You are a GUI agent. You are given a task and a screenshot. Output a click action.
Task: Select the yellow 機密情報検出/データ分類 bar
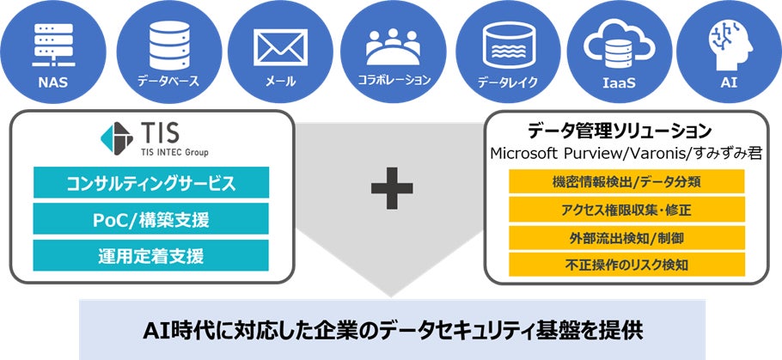(x=625, y=182)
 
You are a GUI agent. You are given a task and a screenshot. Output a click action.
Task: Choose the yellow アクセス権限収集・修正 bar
(x=625, y=210)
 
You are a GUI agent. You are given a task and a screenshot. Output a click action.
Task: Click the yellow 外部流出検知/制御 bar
(x=625, y=237)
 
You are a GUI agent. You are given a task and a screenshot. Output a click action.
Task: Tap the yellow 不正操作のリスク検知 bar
(x=625, y=264)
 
